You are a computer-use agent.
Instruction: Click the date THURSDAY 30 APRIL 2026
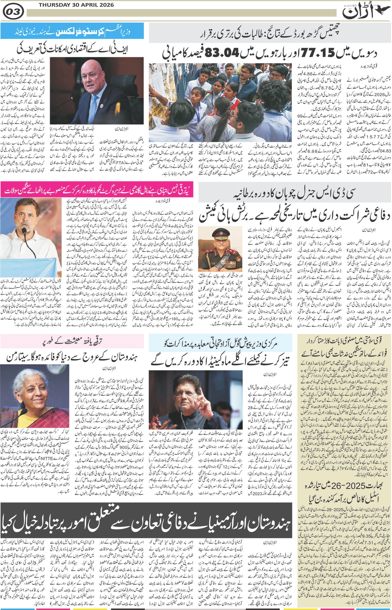coord(76,5)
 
